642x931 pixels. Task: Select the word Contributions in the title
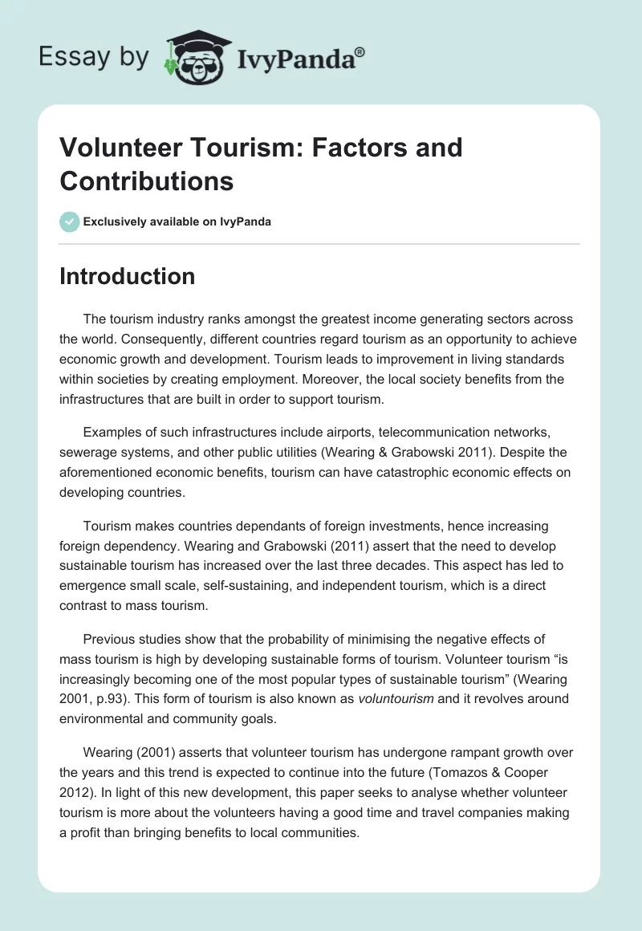tap(146, 181)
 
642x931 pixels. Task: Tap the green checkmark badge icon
tap(70, 222)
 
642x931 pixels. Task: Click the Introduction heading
tap(128, 276)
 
